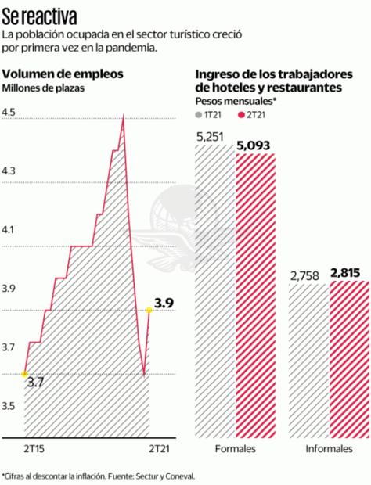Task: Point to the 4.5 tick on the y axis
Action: tap(9, 113)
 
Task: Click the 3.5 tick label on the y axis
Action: tap(9, 406)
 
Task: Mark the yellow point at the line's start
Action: tap(25, 374)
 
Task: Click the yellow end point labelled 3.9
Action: tap(149, 311)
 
